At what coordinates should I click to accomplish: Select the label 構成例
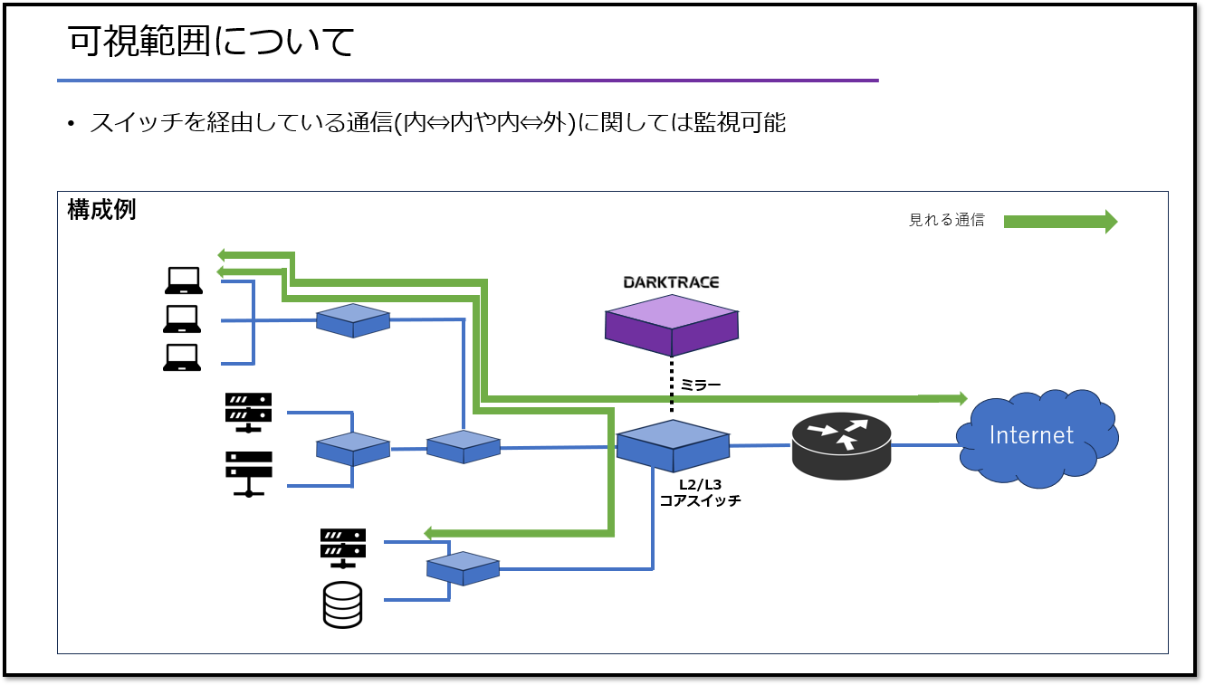click(x=101, y=210)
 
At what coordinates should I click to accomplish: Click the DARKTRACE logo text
click(x=671, y=282)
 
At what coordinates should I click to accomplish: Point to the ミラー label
click(x=701, y=385)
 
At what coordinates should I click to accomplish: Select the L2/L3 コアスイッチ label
click(x=700, y=492)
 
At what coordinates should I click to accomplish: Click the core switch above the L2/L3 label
click(x=673, y=445)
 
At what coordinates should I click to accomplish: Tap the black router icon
click(x=841, y=444)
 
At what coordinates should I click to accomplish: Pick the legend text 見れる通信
click(x=946, y=220)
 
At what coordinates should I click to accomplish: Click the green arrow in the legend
click(x=1060, y=222)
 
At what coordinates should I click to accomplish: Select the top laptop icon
click(x=183, y=281)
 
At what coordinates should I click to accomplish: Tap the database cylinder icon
click(x=342, y=604)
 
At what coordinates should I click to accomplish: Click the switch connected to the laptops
click(x=353, y=320)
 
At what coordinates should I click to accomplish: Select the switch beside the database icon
click(x=463, y=568)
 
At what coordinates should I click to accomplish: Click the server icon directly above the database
click(x=343, y=547)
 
